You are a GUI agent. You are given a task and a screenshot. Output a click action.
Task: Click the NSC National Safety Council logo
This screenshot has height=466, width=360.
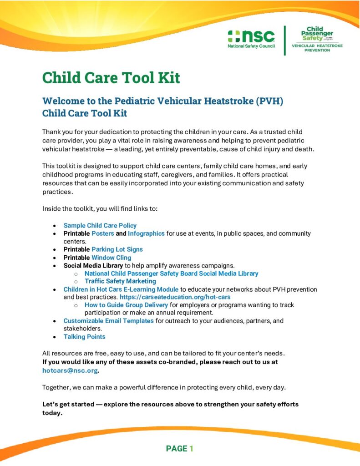(x=252, y=40)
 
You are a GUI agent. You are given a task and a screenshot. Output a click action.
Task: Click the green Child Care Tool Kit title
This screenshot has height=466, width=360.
(x=111, y=78)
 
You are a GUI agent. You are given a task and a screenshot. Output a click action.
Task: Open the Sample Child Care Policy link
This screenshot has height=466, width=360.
(x=100, y=225)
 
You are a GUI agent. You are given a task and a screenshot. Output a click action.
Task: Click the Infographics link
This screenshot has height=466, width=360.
(x=146, y=233)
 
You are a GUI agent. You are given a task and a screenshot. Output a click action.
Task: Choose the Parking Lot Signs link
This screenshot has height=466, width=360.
(x=117, y=249)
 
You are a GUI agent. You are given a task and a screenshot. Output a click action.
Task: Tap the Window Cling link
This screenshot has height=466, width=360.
(x=111, y=258)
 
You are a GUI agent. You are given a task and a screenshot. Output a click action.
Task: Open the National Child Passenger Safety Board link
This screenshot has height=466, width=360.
(x=171, y=274)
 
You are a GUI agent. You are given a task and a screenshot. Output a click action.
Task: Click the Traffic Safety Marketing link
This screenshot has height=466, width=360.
(x=120, y=281)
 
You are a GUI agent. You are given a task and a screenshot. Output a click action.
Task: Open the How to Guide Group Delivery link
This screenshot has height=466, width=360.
(x=126, y=305)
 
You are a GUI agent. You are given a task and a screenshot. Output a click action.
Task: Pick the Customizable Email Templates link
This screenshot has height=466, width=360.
(x=108, y=321)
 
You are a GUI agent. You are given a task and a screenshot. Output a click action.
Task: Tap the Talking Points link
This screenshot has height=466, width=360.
(x=84, y=337)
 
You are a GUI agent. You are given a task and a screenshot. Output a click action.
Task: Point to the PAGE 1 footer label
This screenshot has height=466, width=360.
(x=180, y=449)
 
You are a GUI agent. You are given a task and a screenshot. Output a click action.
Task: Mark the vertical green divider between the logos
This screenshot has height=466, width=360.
(x=285, y=41)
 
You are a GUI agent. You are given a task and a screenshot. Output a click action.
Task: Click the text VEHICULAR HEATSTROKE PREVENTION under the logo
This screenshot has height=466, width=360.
(x=317, y=48)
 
